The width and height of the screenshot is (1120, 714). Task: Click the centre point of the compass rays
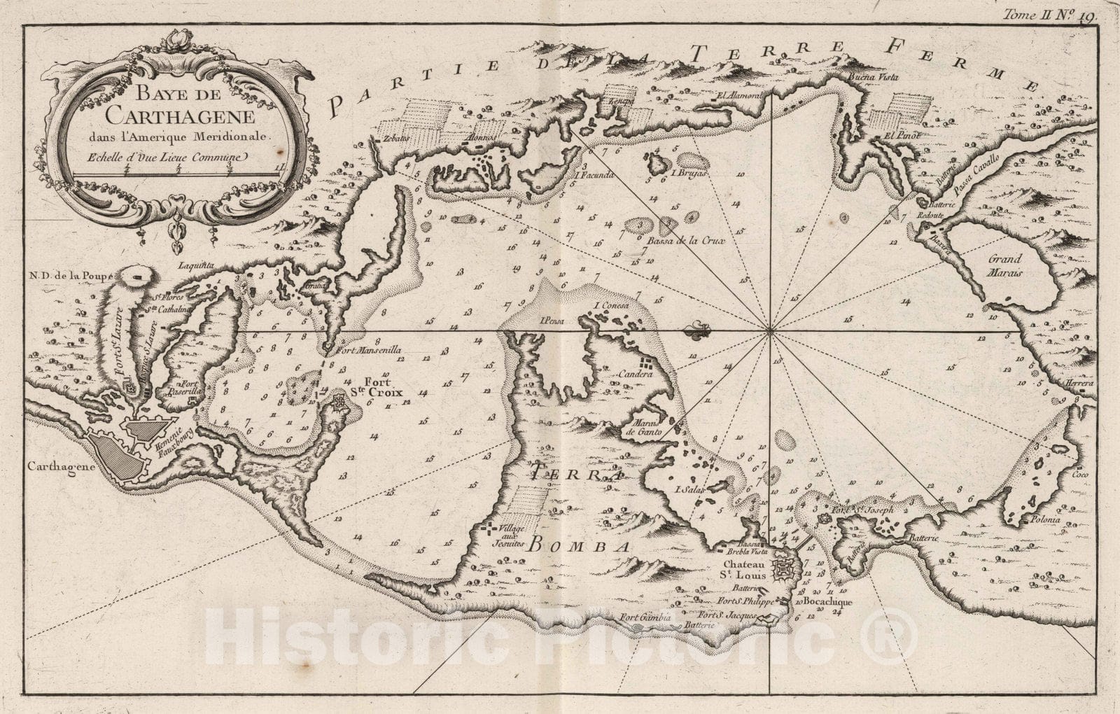770,331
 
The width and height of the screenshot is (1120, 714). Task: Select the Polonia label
1044,521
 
